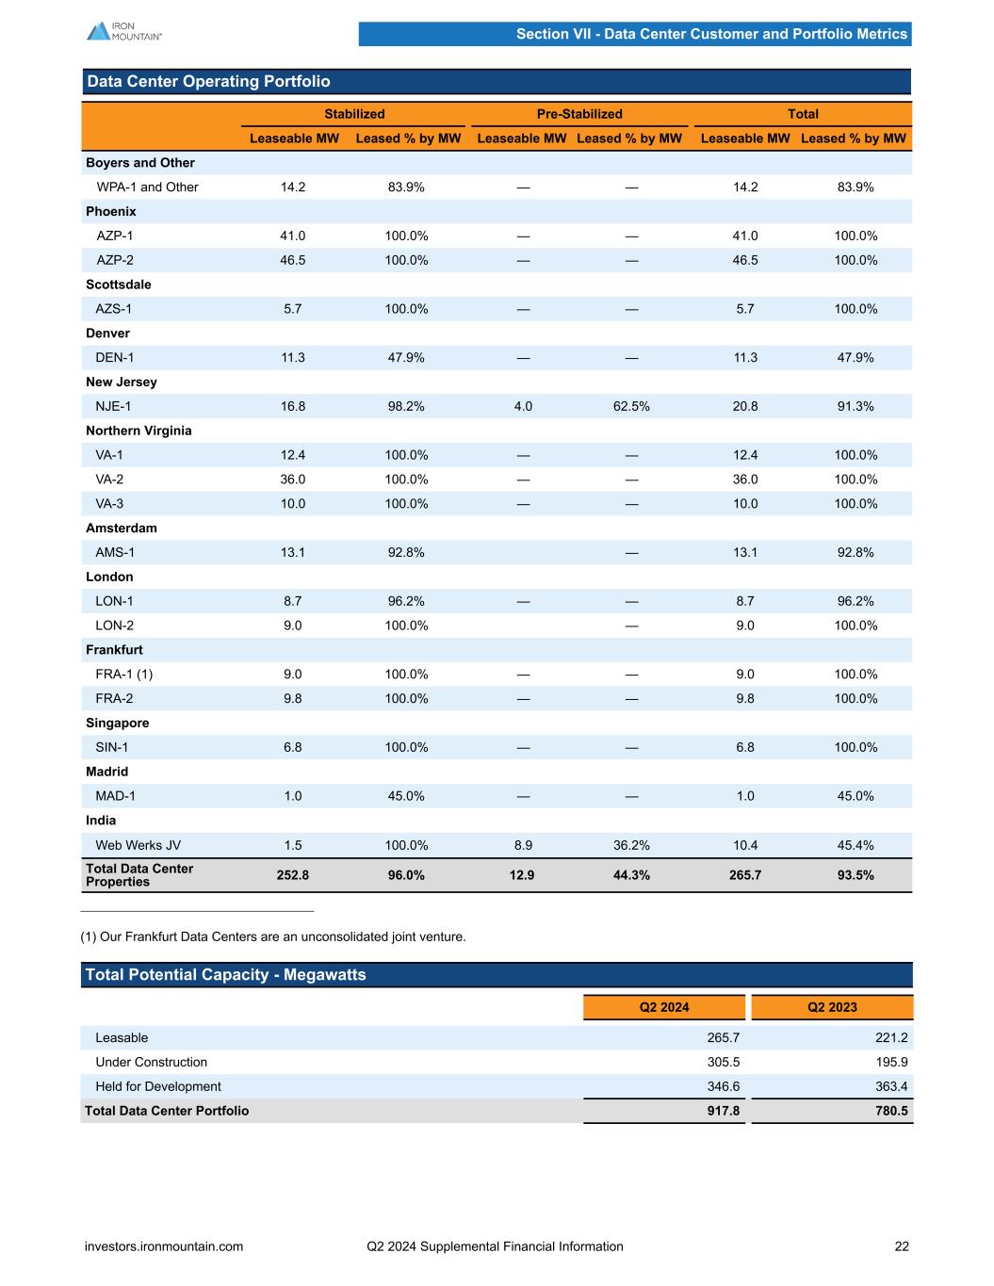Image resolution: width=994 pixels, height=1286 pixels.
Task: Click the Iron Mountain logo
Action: click(x=123, y=31)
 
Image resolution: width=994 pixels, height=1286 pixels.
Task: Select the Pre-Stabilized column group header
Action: click(x=579, y=114)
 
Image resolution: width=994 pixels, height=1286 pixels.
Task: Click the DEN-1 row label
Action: click(x=115, y=357)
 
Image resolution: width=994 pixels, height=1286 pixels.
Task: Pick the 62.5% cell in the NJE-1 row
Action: click(x=631, y=406)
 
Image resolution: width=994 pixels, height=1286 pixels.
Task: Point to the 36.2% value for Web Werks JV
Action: click(x=631, y=845)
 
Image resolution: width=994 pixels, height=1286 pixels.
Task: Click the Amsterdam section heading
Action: click(x=122, y=528)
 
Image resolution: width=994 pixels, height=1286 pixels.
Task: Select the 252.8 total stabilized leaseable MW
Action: click(x=292, y=875)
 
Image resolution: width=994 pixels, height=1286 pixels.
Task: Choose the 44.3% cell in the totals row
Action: click(x=631, y=875)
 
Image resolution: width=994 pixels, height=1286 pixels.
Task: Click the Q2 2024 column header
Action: click(x=664, y=1007)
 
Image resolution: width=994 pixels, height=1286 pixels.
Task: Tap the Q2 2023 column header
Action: click(x=832, y=1007)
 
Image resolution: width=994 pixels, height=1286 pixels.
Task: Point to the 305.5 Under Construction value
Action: click(x=724, y=1062)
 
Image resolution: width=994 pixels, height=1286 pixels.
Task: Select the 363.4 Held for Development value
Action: click(x=891, y=1086)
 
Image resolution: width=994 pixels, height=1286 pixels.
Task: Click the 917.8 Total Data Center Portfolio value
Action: click(x=724, y=1111)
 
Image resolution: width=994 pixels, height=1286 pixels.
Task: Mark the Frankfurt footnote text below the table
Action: click(x=273, y=936)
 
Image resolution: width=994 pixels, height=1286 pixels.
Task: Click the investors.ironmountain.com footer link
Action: click(x=164, y=1246)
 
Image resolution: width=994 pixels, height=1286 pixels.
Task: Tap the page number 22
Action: click(x=902, y=1246)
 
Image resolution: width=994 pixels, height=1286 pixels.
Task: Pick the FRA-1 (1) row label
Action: click(x=124, y=674)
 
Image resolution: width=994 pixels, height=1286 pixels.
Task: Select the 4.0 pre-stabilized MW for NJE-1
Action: click(x=523, y=406)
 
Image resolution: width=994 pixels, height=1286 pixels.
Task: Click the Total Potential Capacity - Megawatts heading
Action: click(x=225, y=974)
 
